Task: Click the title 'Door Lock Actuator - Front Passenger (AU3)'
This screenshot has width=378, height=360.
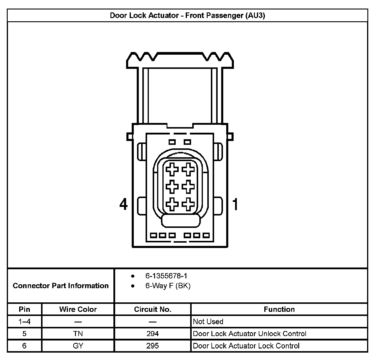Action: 187,15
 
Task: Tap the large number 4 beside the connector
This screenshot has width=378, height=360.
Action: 123,204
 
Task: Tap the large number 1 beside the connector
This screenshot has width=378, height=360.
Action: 235,204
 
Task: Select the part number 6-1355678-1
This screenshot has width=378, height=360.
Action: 166,276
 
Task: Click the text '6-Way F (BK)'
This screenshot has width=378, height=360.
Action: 168,286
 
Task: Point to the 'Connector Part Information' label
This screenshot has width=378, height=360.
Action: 61,286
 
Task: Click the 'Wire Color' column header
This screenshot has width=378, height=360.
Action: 78,309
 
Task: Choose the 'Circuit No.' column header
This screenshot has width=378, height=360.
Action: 152,309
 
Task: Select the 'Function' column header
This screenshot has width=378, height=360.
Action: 279,309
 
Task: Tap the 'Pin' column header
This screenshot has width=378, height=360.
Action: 25,309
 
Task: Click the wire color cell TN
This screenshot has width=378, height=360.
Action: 78,334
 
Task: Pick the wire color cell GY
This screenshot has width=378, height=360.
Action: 78,346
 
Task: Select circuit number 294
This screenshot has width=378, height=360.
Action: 152,334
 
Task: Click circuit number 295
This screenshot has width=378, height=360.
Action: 152,346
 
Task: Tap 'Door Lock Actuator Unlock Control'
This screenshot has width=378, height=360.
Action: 250,334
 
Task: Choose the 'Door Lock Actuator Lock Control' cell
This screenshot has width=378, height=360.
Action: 246,346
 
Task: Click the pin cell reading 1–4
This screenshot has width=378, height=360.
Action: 25,322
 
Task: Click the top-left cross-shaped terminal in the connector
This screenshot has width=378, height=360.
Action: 172,170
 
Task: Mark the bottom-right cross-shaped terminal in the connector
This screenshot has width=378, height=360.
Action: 188,204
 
